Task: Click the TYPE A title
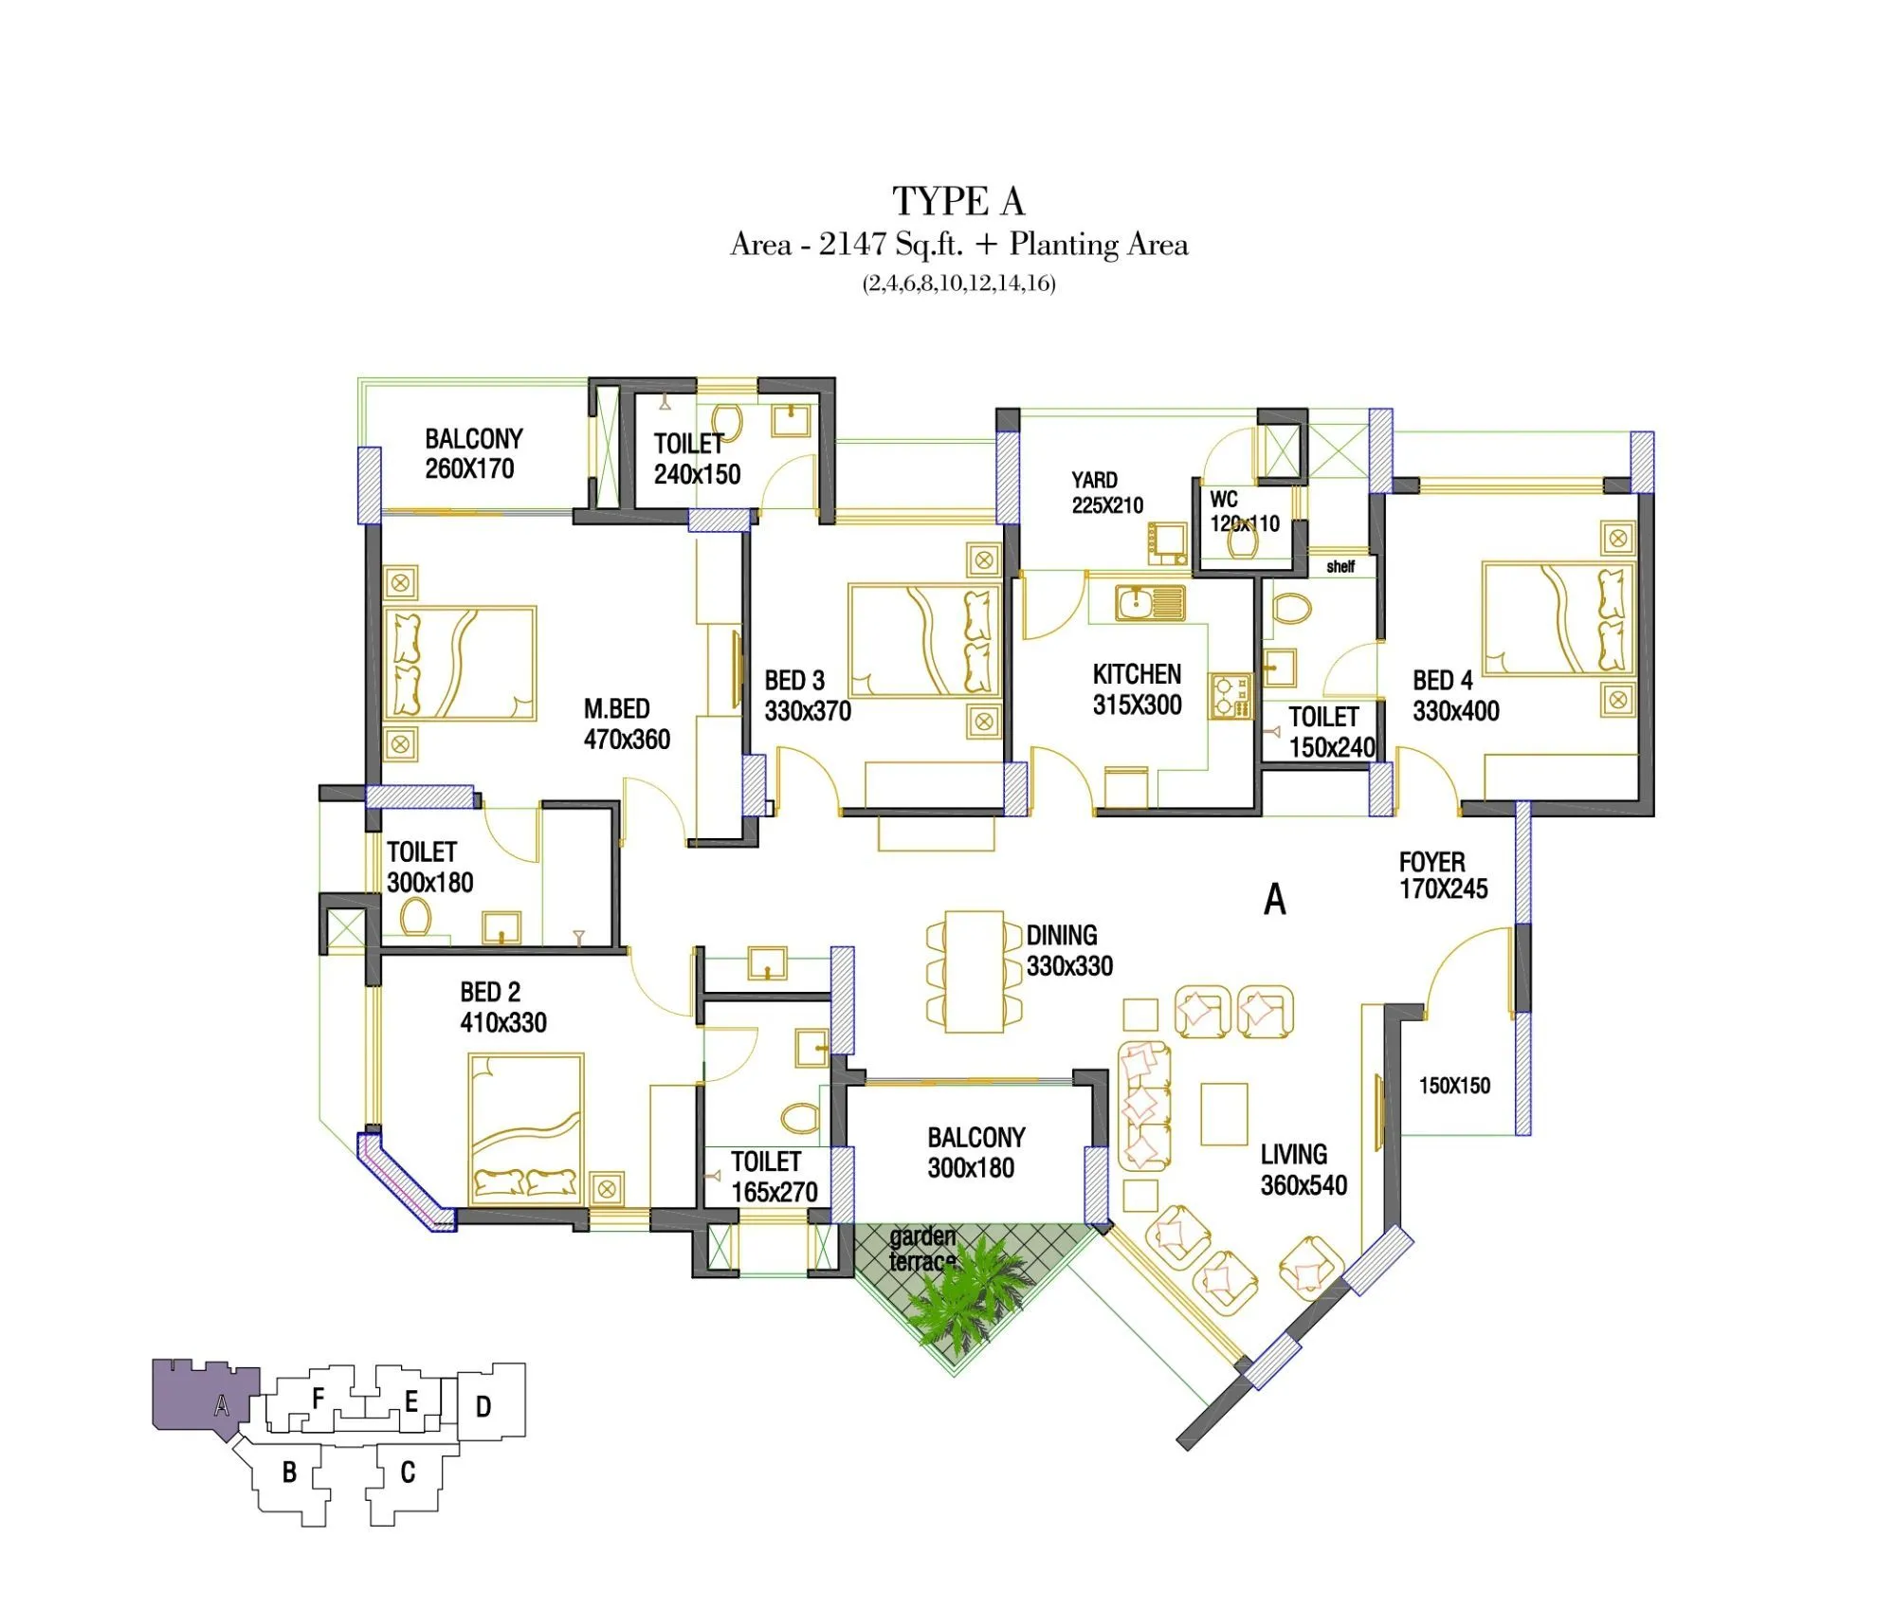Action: click(x=957, y=201)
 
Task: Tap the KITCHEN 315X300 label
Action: click(x=1137, y=689)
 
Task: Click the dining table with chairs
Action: click(x=975, y=971)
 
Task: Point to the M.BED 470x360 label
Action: click(x=626, y=723)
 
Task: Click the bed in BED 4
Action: click(x=1558, y=618)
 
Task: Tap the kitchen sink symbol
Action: click(x=1149, y=602)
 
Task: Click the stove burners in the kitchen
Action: click(x=1230, y=696)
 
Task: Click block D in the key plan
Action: click(x=489, y=1405)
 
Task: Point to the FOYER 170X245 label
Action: click(x=1442, y=875)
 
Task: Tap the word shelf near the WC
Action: click(x=1340, y=566)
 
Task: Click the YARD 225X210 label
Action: click(x=1106, y=492)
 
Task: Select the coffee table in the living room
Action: click(x=1224, y=1114)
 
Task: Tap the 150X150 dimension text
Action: click(x=1453, y=1085)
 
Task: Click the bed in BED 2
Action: click(x=525, y=1128)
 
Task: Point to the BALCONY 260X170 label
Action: click(x=472, y=453)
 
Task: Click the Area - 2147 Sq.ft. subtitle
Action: click(x=957, y=245)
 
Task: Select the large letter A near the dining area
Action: click(x=1274, y=899)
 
